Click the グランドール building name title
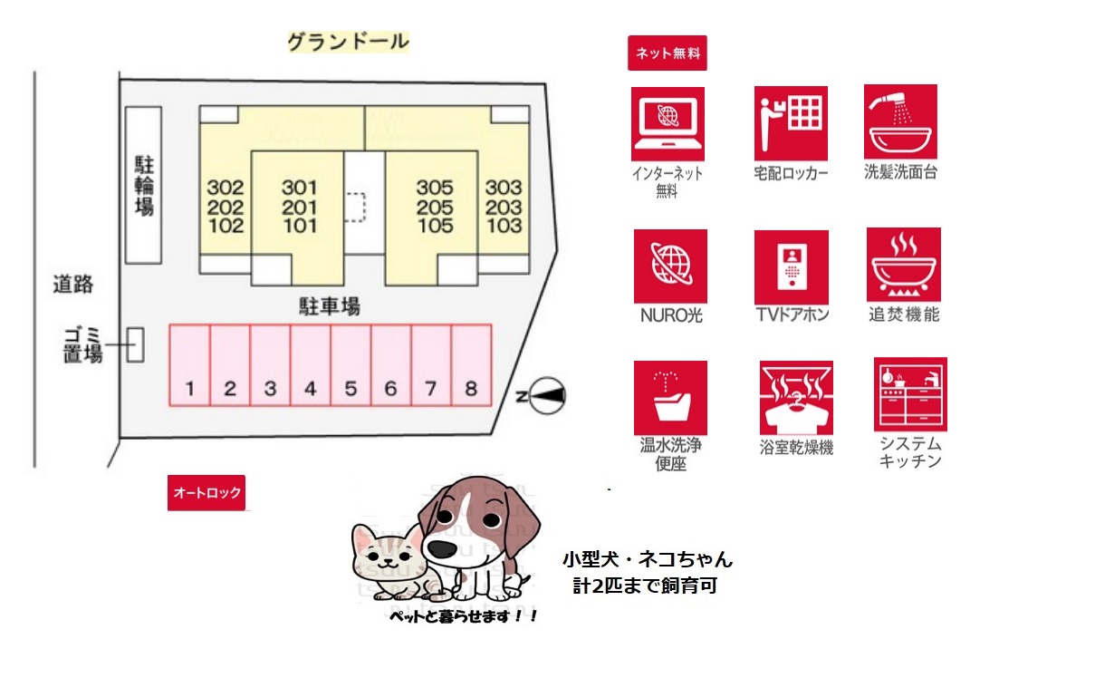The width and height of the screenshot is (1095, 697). click(348, 42)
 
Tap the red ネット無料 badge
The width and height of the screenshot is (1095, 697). click(668, 53)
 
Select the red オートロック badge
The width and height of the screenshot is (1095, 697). click(207, 492)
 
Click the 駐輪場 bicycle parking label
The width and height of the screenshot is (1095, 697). click(144, 186)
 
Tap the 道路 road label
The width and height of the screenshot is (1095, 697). click(72, 285)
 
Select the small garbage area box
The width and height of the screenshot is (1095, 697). click(136, 344)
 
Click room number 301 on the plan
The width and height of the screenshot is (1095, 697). click(299, 188)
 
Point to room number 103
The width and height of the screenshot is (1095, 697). click(504, 226)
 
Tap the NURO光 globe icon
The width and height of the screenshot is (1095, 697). click(670, 266)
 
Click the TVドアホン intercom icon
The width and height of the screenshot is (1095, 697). click(792, 267)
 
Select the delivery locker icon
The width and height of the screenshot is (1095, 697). click(791, 123)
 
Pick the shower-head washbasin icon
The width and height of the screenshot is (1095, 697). click(900, 121)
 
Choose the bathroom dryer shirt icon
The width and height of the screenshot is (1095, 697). click(796, 398)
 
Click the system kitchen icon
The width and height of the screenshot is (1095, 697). click(911, 394)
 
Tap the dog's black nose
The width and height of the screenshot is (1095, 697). click(444, 548)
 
